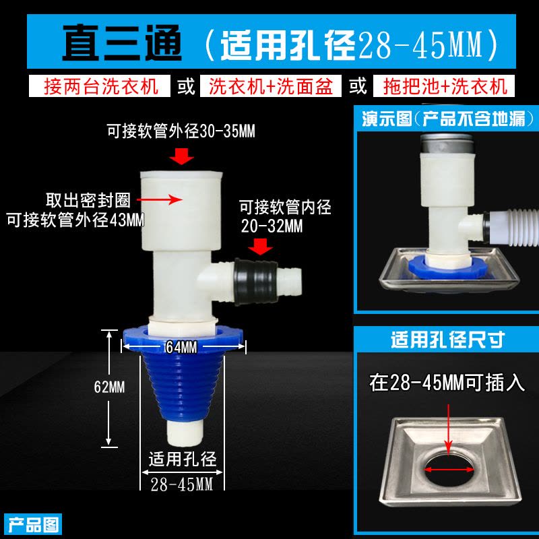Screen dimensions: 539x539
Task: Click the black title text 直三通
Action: pyautogui.click(x=122, y=42)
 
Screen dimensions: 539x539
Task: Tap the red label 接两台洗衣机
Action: pyautogui.click(x=101, y=86)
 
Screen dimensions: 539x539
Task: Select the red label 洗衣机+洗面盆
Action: pyautogui.click(x=271, y=86)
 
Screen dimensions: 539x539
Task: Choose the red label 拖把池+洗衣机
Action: pyautogui.click(x=445, y=86)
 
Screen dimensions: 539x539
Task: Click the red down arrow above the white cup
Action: pyautogui.click(x=181, y=156)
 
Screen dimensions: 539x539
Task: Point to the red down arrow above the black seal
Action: pyautogui.click(x=260, y=247)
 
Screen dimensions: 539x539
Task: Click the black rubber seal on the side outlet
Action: pyautogui.click(x=256, y=282)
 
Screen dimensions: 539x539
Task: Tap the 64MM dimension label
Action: pyautogui.click(x=181, y=347)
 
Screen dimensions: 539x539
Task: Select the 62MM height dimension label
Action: pyautogui.click(x=109, y=387)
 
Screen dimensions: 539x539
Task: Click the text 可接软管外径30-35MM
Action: pyautogui.click(x=181, y=131)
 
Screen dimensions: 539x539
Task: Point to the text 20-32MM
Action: pyautogui.click(x=272, y=226)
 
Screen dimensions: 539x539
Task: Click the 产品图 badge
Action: pyautogui.click(x=33, y=525)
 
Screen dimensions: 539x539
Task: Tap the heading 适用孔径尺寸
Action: pyautogui.click(x=447, y=340)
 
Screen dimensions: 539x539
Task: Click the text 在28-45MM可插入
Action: pyautogui.click(x=447, y=383)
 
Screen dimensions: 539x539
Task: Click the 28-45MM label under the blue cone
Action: pyautogui.click(x=182, y=484)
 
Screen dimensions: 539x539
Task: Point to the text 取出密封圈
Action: pyautogui.click(x=88, y=200)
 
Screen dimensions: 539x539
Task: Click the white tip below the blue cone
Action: pyautogui.click(x=185, y=433)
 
